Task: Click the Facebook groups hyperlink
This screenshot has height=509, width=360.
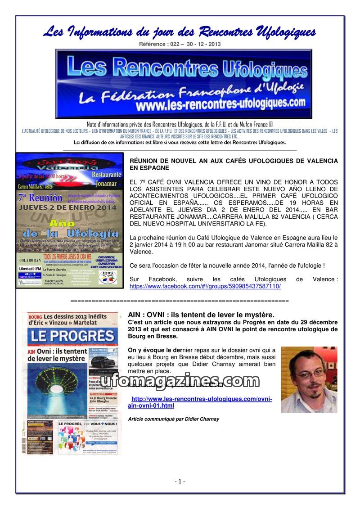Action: tap(205, 286)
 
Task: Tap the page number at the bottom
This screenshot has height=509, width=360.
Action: tap(180, 481)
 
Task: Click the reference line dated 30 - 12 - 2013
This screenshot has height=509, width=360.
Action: tap(180, 44)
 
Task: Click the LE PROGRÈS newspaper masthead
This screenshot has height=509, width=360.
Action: tap(72, 336)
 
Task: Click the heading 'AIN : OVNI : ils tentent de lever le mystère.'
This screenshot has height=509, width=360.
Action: tap(201, 315)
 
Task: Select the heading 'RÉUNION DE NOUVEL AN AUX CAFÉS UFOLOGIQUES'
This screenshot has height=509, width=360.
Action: tap(233, 164)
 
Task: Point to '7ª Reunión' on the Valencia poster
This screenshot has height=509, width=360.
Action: tap(40, 198)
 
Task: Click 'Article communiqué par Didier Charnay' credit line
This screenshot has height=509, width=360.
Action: tap(174, 419)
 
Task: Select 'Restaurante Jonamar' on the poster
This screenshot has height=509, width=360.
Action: tap(106, 178)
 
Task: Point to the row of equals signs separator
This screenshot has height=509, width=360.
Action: tap(180, 300)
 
